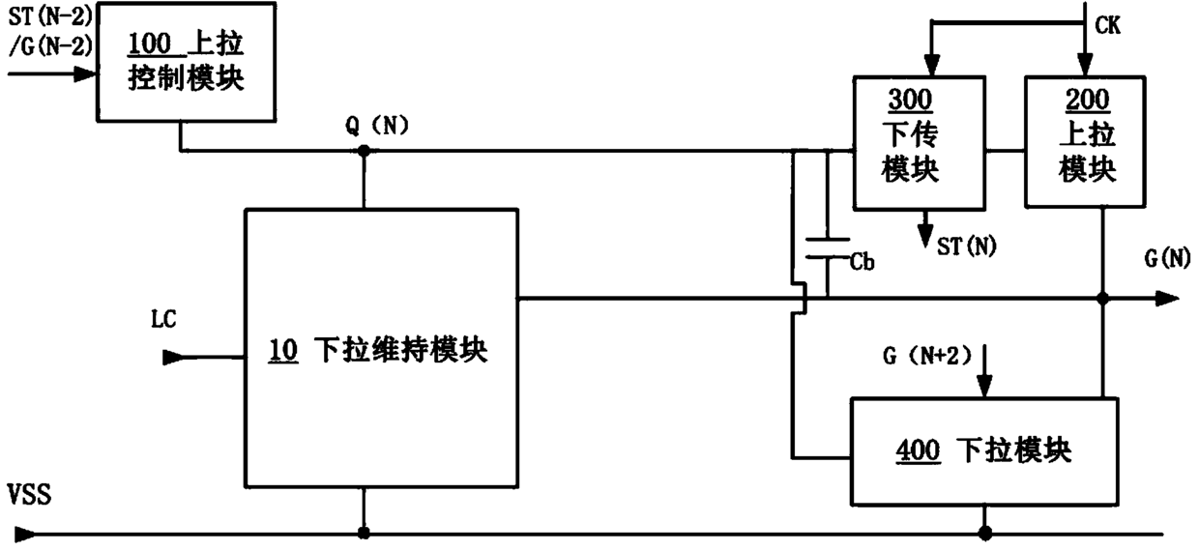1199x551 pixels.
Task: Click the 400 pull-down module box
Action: coord(982,449)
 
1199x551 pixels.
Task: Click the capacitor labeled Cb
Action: coord(828,248)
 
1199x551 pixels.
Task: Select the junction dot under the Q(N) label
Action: coord(364,151)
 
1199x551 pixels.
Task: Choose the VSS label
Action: coord(29,498)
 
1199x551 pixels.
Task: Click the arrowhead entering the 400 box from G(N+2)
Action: coord(985,389)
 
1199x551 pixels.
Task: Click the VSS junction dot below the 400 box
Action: coord(985,532)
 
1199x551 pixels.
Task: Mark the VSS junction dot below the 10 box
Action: coord(364,532)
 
